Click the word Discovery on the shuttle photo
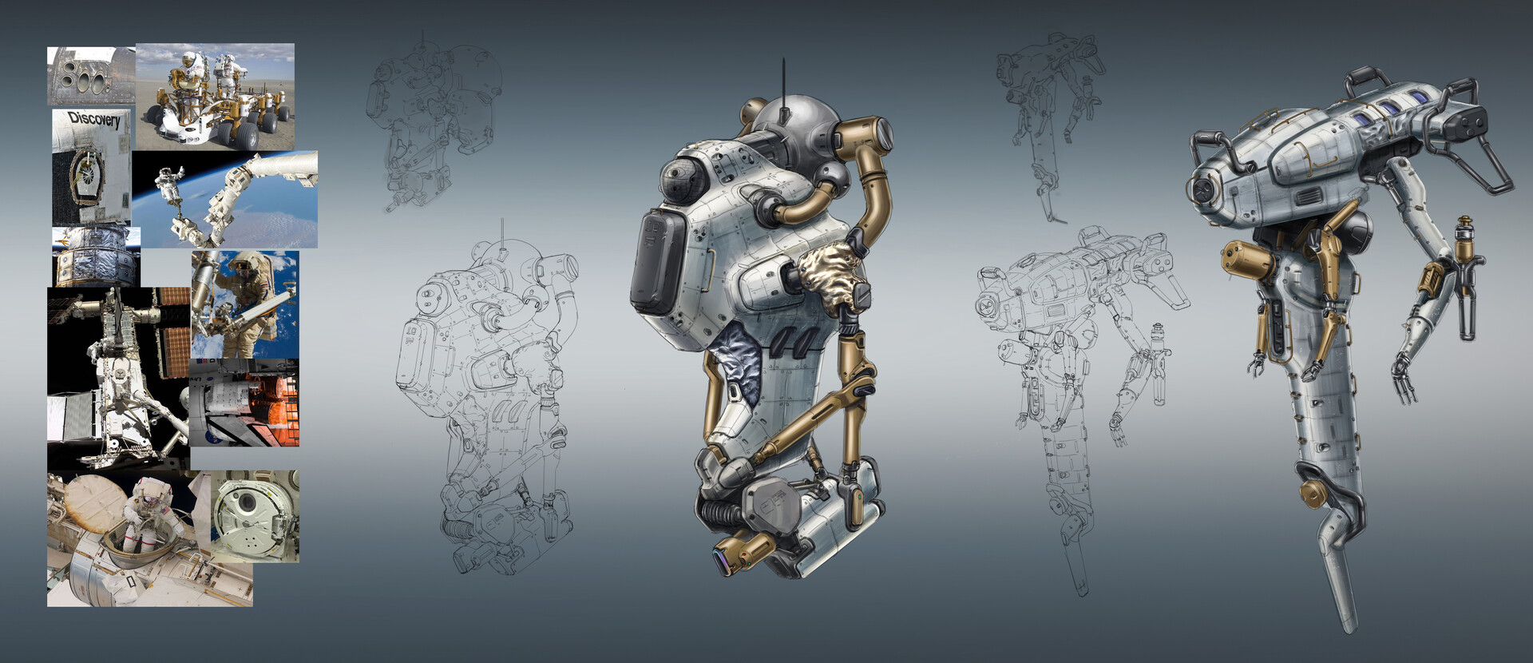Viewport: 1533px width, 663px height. click(93, 120)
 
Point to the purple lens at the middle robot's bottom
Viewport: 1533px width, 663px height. click(721, 558)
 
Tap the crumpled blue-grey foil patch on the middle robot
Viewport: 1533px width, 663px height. click(734, 363)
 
